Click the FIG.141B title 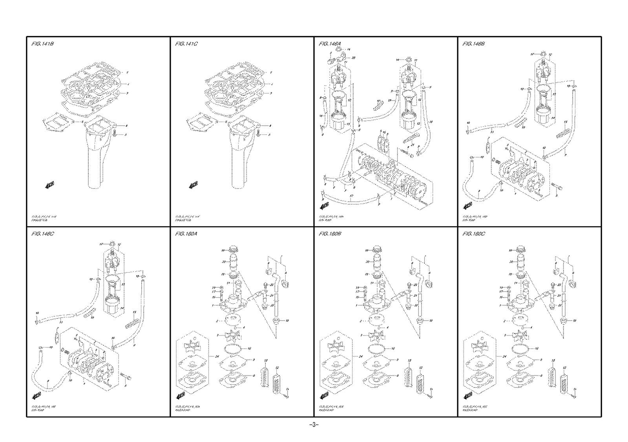pyautogui.click(x=42, y=44)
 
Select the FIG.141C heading pyautogui.click(x=186, y=44)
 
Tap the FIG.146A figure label pyautogui.click(x=330, y=44)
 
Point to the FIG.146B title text pyautogui.click(x=474, y=44)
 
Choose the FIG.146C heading pyautogui.click(x=42, y=234)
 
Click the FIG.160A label pyautogui.click(x=186, y=234)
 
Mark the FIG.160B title pyautogui.click(x=330, y=234)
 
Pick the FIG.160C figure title pyautogui.click(x=474, y=234)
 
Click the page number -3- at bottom pyautogui.click(x=314, y=425)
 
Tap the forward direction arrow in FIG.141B pyautogui.click(x=49, y=184)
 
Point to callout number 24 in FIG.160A pyautogui.click(x=216, y=356)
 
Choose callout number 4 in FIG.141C pyautogui.click(x=270, y=126)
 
